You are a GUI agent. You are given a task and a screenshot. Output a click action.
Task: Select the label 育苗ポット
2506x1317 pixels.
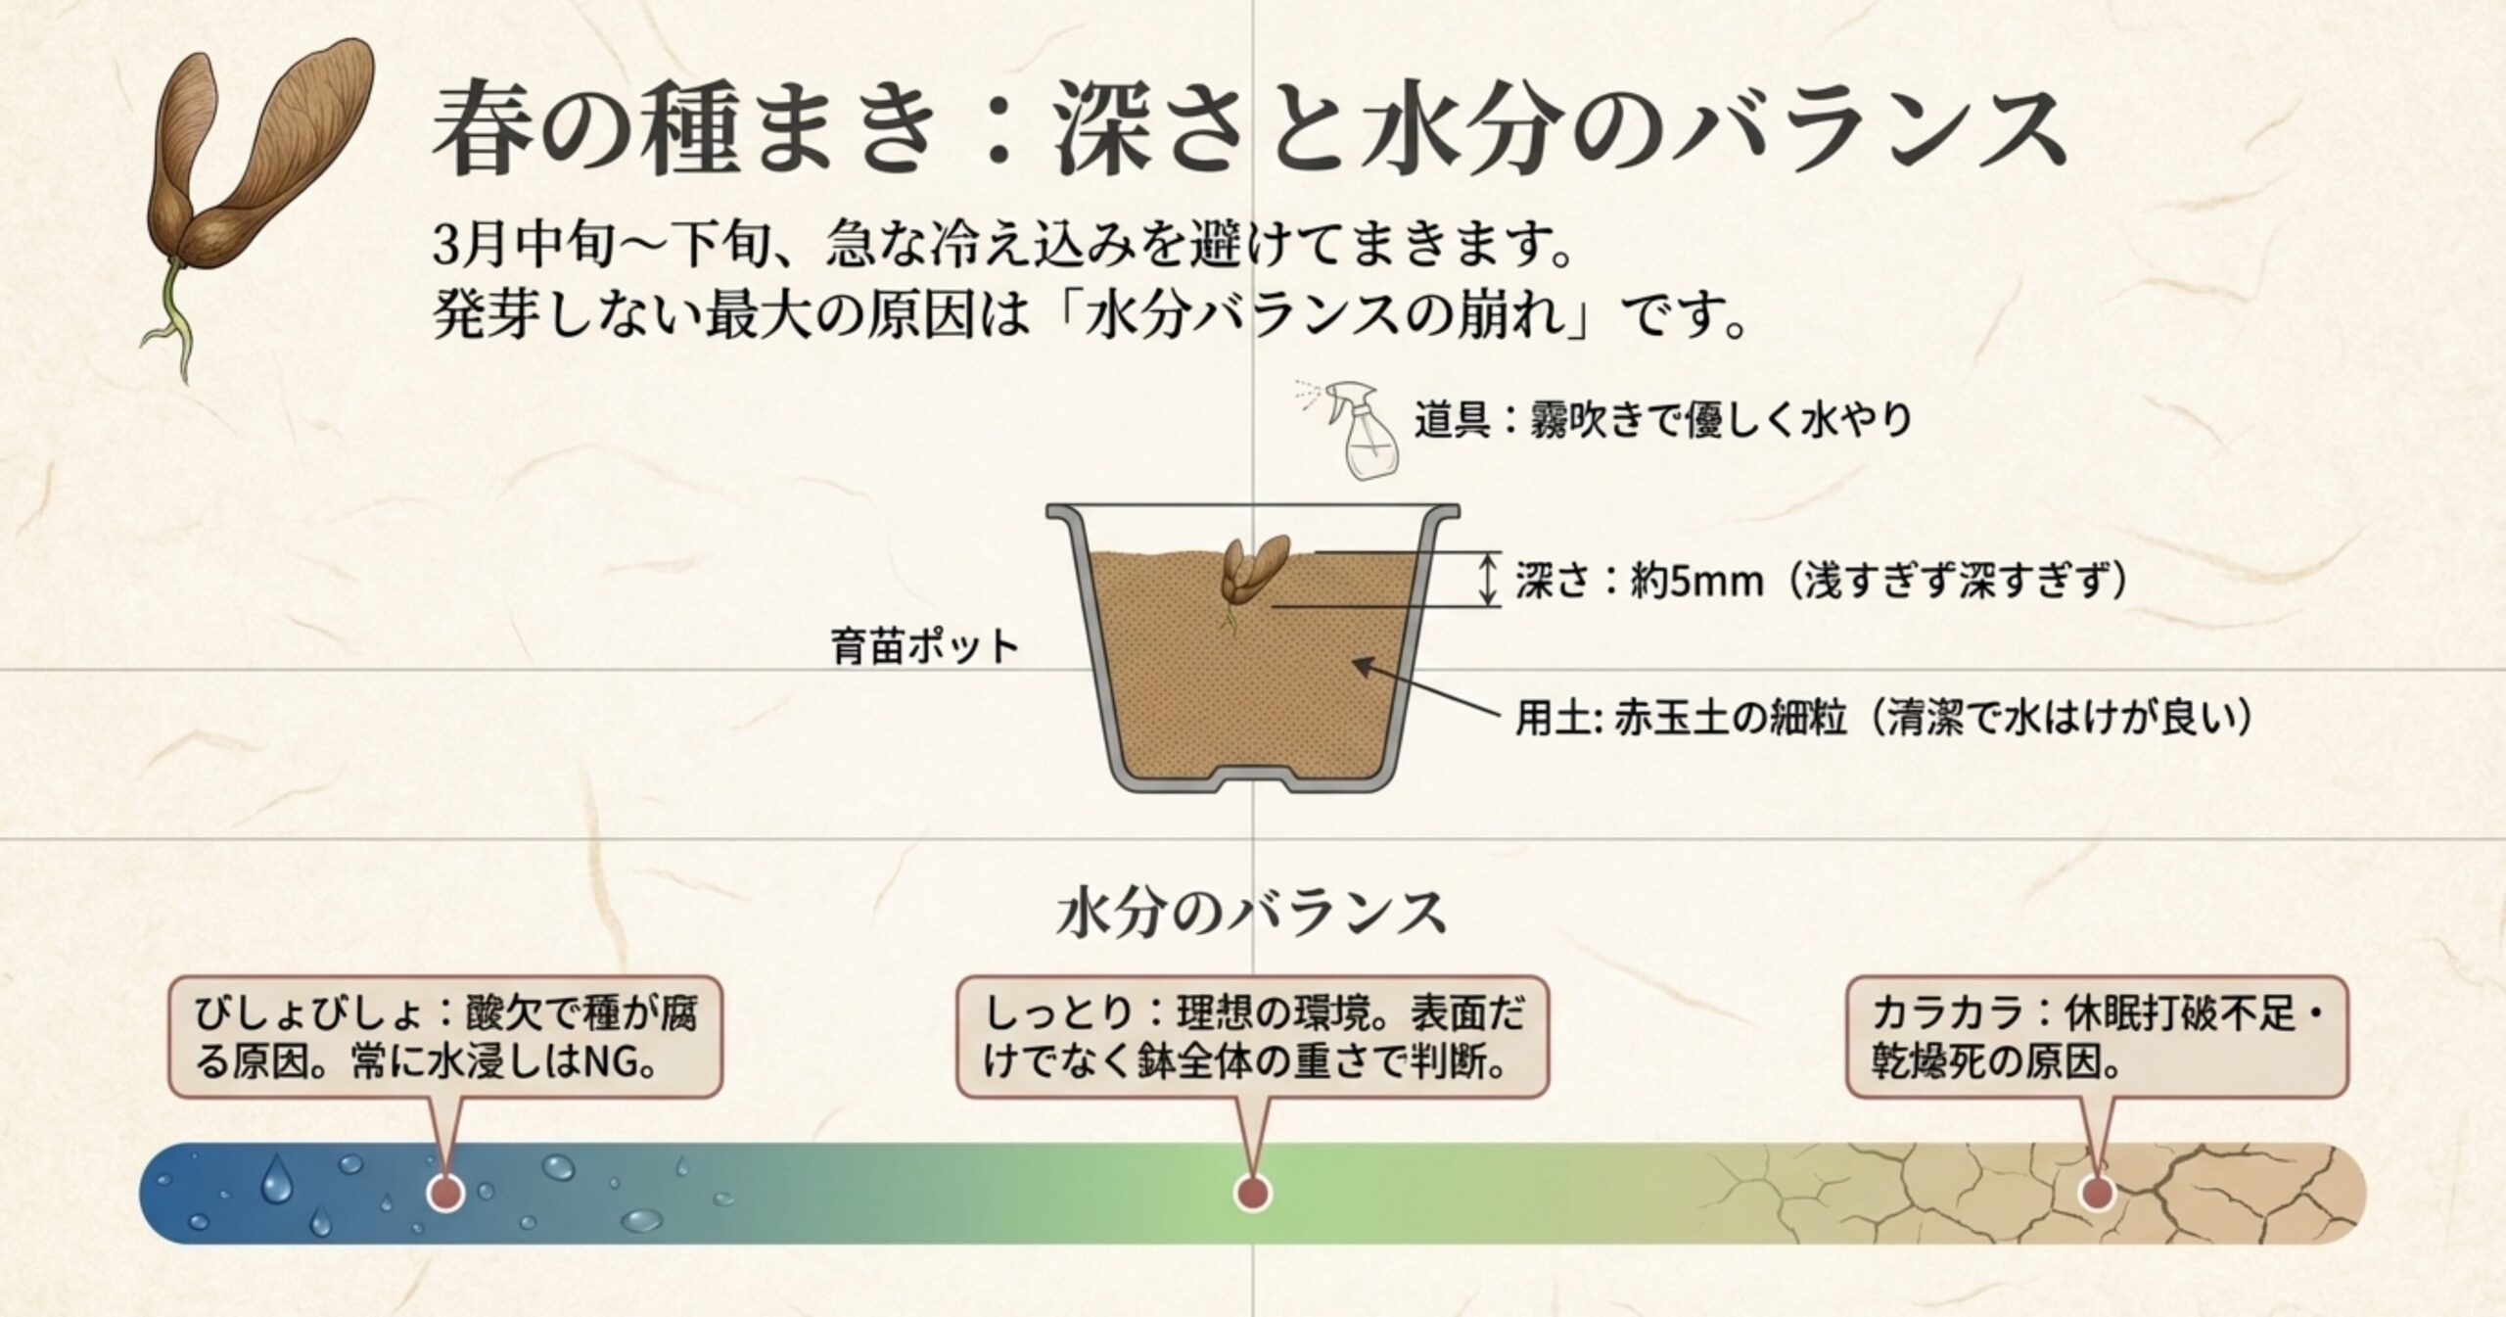tap(925, 648)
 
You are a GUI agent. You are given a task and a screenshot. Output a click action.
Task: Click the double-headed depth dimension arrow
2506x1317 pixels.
tap(1488, 579)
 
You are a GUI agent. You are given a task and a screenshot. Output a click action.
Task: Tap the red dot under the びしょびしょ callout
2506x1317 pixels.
tap(446, 1192)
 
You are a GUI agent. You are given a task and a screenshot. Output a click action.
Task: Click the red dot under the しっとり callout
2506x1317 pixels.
tap(1253, 1193)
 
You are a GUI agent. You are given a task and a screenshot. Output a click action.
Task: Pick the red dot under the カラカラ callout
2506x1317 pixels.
tap(2095, 1193)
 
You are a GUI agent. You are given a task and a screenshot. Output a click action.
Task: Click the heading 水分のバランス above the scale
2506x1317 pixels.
tap(1252, 913)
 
